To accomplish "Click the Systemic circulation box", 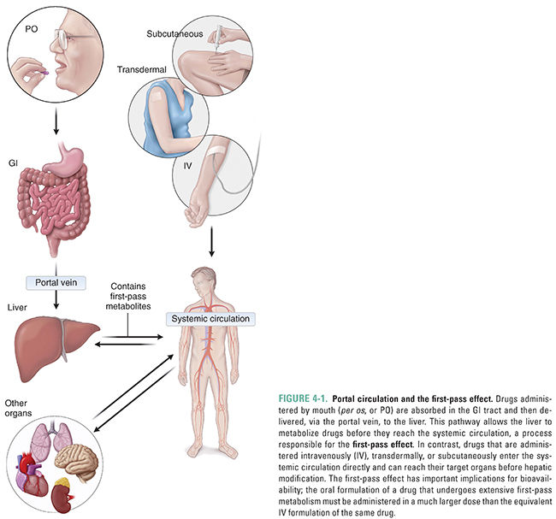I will [211, 318].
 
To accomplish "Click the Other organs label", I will [19, 408].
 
